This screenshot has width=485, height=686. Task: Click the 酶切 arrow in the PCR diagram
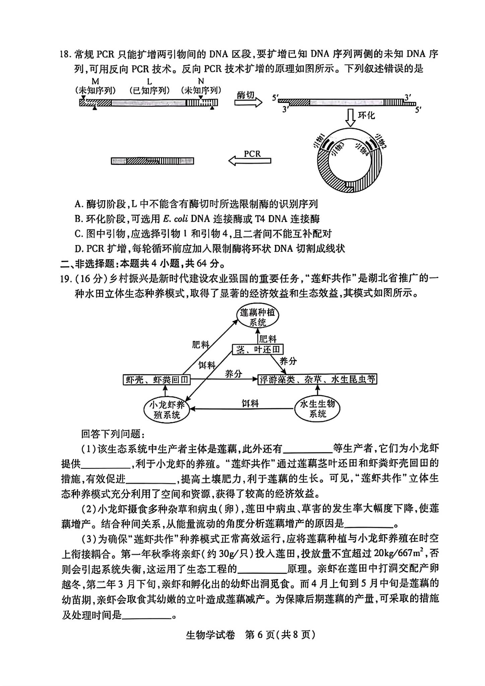pyautogui.click(x=248, y=102)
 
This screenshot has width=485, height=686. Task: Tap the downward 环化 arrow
pyautogui.click(x=350, y=118)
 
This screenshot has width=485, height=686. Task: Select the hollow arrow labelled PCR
pyautogui.click(x=250, y=161)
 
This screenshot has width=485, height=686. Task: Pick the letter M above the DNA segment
pyautogui.click(x=95, y=81)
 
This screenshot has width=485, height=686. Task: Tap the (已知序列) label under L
pyautogui.click(x=149, y=90)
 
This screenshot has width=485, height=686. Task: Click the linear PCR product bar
pyautogui.click(x=152, y=161)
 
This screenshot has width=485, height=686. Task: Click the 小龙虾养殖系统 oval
pyautogui.click(x=167, y=410)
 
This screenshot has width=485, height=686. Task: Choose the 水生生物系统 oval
pyautogui.click(x=317, y=409)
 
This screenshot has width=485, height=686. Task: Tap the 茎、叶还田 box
pyautogui.click(x=258, y=350)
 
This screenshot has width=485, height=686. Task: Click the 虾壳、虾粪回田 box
pyautogui.click(x=156, y=380)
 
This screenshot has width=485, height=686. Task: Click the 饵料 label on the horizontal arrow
pyautogui.click(x=250, y=403)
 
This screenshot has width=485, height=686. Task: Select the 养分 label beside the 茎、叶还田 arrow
pyautogui.click(x=288, y=361)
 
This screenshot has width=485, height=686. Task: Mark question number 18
pyautogui.click(x=65, y=54)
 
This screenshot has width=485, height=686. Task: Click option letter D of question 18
pyautogui.click(x=79, y=249)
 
